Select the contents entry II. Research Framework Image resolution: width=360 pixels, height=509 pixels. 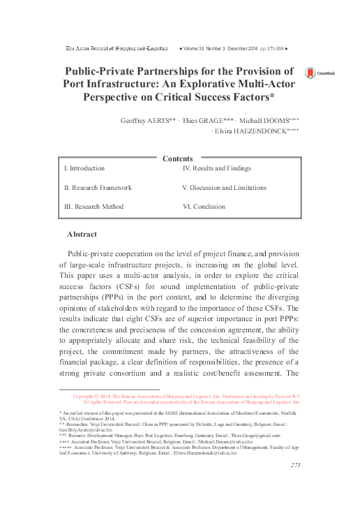coord(98,188)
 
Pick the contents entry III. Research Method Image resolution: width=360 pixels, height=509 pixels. coord(94,207)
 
